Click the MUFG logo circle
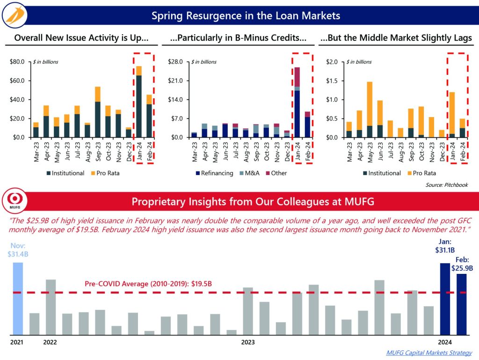18,201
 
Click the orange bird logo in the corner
15,16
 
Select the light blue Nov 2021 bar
18,298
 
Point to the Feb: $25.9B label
462,265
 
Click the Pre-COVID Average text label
148,284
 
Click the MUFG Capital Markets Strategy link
429,353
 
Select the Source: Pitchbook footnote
446,185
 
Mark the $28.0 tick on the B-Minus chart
176,62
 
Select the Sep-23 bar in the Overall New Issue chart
98,112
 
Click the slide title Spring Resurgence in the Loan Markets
246,16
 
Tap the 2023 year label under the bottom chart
248,342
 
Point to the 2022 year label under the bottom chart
50,342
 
